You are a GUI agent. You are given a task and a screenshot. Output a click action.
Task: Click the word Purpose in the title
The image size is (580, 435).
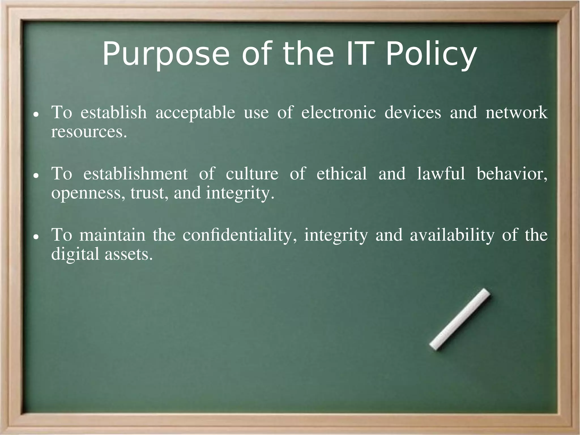pos(165,54)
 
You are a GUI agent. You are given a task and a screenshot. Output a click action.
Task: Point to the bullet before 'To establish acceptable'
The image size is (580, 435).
pos(36,115)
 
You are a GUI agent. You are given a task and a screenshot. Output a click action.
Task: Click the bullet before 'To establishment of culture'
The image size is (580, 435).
pos(36,176)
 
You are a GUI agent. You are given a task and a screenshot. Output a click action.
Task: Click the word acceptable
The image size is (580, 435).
pos(195,113)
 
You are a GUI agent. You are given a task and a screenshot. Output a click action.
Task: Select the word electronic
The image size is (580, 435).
pos(338,112)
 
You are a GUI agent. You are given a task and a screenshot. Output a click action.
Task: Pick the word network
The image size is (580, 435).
pos(517,112)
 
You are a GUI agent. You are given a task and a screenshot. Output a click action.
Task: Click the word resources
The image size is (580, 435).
pos(89,132)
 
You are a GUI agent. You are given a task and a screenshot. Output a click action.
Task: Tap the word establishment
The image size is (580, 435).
pos(135,173)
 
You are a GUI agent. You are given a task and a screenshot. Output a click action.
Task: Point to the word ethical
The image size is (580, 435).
pos(342,173)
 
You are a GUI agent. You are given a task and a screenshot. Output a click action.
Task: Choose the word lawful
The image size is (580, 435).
pos(441,173)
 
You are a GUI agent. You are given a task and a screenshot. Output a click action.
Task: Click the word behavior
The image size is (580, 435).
pos(512,173)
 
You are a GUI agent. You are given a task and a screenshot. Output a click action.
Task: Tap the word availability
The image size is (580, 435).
pos(452,235)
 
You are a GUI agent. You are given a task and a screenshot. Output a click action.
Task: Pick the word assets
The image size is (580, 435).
pos(129,254)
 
